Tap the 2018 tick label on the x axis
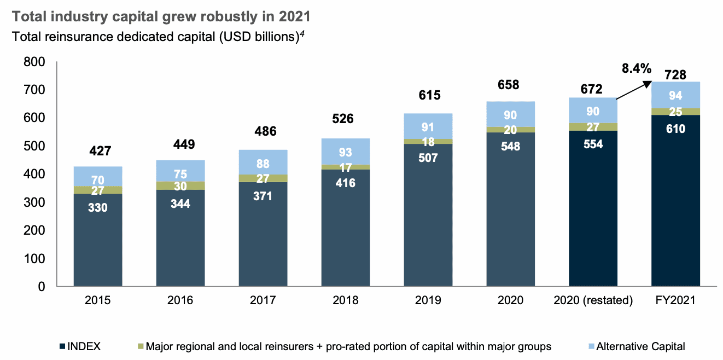click(x=345, y=300)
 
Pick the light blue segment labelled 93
click(x=345, y=152)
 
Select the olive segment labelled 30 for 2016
click(x=180, y=185)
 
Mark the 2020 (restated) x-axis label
click(x=593, y=300)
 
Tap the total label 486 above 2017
click(x=263, y=131)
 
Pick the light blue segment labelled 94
click(x=675, y=96)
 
